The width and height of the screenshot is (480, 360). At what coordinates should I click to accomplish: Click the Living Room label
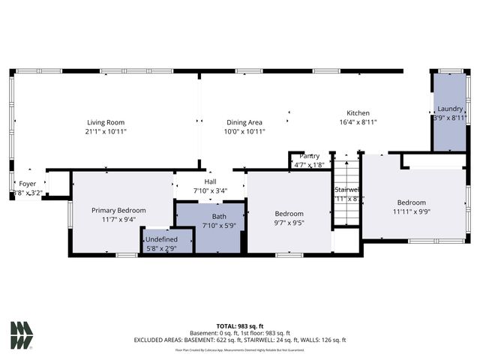point(106,122)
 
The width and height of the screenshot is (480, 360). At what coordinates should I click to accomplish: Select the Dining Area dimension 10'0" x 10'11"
point(244,131)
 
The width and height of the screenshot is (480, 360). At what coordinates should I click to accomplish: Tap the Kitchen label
point(358,112)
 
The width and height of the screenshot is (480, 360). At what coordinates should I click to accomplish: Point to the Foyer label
point(27,183)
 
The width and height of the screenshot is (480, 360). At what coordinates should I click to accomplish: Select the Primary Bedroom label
point(118,211)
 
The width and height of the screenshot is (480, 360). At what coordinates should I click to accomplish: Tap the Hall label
point(210,181)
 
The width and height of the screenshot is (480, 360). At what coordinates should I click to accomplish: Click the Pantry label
point(309,156)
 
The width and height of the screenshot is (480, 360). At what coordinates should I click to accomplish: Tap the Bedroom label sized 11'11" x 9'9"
point(411,202)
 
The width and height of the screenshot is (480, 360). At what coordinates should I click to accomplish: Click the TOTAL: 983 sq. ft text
point(240,325)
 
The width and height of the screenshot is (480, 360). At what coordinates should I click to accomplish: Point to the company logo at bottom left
point(22,335)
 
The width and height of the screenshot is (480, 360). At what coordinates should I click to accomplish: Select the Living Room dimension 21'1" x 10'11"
point(106,131)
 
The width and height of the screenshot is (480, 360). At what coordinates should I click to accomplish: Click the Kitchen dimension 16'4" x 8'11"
point(358,121)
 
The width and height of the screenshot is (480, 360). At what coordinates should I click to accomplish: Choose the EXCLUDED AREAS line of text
point(240,340)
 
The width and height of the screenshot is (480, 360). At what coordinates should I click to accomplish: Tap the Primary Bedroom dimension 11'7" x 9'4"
point(118,220)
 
